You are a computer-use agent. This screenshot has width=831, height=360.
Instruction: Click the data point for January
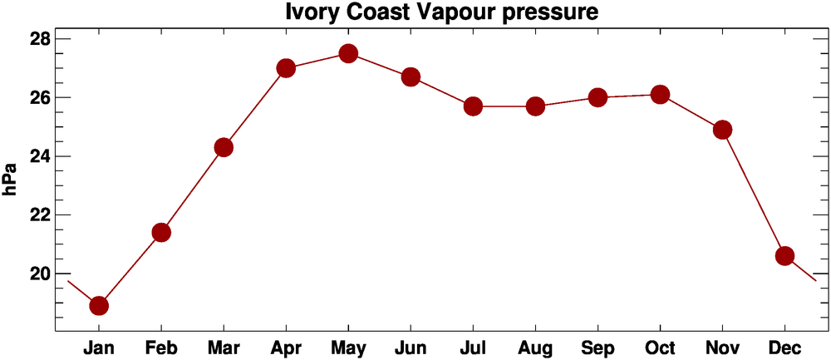point(99,305)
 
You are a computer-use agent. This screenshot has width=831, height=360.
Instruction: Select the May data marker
point(348,54)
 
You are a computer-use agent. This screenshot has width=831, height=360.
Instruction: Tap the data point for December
point(784,255)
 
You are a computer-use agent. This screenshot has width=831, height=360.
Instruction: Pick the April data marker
point(286,68)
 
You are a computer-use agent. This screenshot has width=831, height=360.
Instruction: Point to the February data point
point(161,232)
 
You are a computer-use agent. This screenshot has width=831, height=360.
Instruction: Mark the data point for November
point(722,130)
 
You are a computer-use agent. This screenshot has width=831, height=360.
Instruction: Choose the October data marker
point(660,95)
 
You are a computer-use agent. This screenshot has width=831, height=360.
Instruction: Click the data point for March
point(224,147)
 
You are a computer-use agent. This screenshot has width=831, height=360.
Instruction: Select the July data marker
point(473,106)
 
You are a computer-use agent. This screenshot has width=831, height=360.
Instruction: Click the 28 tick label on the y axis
point(40,40)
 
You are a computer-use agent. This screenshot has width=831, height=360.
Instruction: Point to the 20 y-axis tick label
point(40,274)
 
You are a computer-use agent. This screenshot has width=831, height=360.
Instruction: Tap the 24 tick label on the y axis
point(40,156)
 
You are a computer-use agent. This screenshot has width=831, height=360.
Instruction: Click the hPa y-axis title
point(11,178)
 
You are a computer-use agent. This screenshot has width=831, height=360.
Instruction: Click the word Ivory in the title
point(312,13)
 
